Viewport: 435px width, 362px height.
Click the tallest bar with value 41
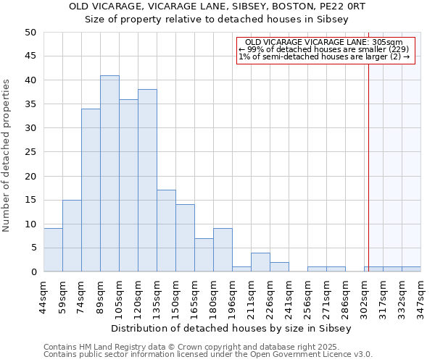(x=109, y=174)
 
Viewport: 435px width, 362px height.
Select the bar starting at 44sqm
(x=53, y=250)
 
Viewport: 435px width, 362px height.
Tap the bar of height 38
(x=147, y=181)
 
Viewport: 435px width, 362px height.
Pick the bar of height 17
(x=166, y=231)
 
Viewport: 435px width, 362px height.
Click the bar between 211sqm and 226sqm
(x=260, y=262)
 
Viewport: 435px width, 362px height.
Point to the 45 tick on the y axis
(x=30, y=56)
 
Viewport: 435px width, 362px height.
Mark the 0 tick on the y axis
(x=33, y=272)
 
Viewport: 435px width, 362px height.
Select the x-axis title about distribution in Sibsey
(x=231, y=328)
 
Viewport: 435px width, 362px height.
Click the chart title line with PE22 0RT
(x=217, y=7)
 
